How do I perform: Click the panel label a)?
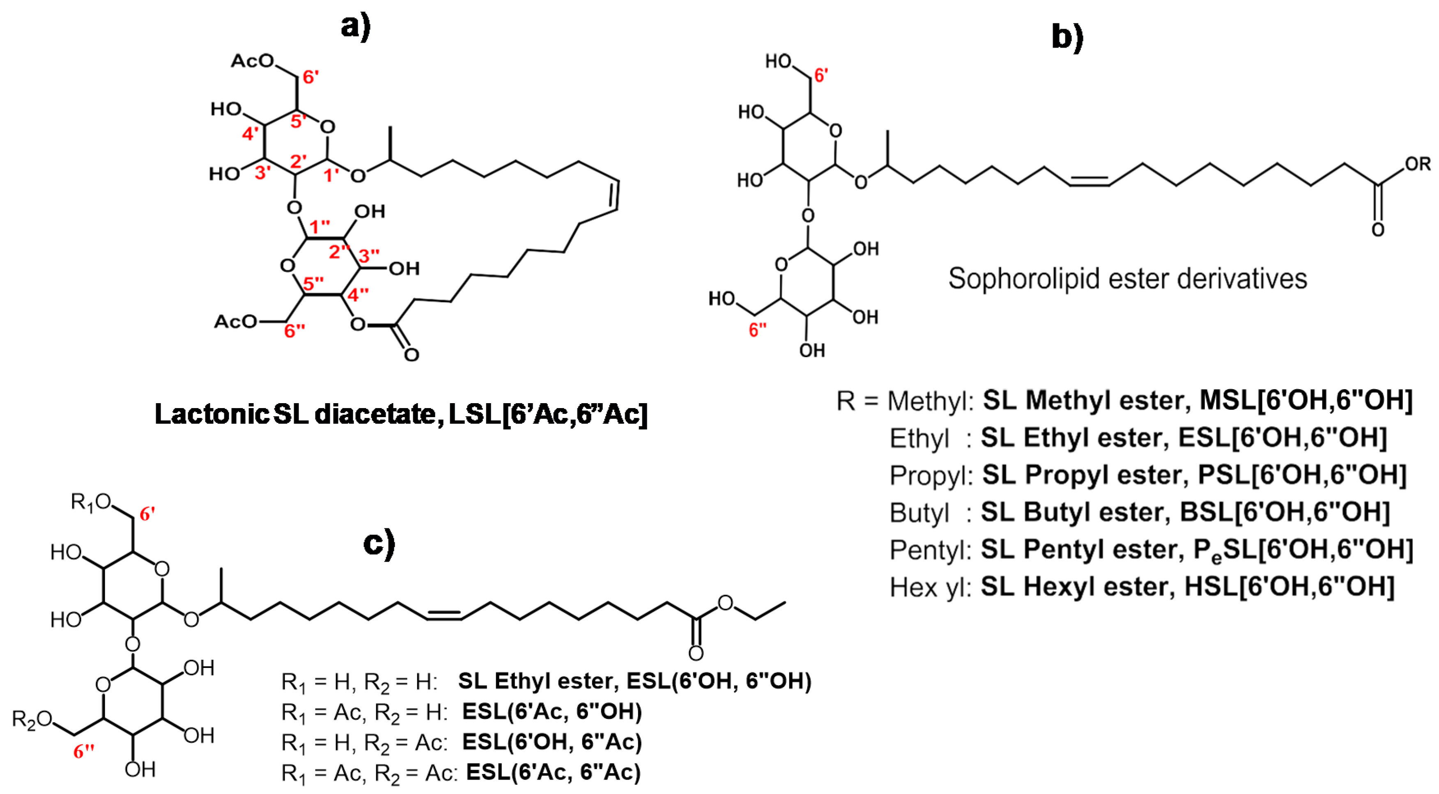point(356,27)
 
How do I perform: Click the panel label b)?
point(1067,37)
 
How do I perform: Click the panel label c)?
point(379,543)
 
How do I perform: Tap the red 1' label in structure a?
point(331,175)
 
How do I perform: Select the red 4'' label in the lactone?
point(358,294)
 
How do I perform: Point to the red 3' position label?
point(263,172)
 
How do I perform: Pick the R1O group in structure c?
point(90,503)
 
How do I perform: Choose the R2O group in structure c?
point(32,720)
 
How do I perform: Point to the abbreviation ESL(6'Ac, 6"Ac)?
point(553,772)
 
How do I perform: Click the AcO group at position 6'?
point(253,61)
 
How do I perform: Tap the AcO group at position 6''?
point(236,321)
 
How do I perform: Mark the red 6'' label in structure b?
point(757,330)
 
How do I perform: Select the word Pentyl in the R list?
point(930,550)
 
